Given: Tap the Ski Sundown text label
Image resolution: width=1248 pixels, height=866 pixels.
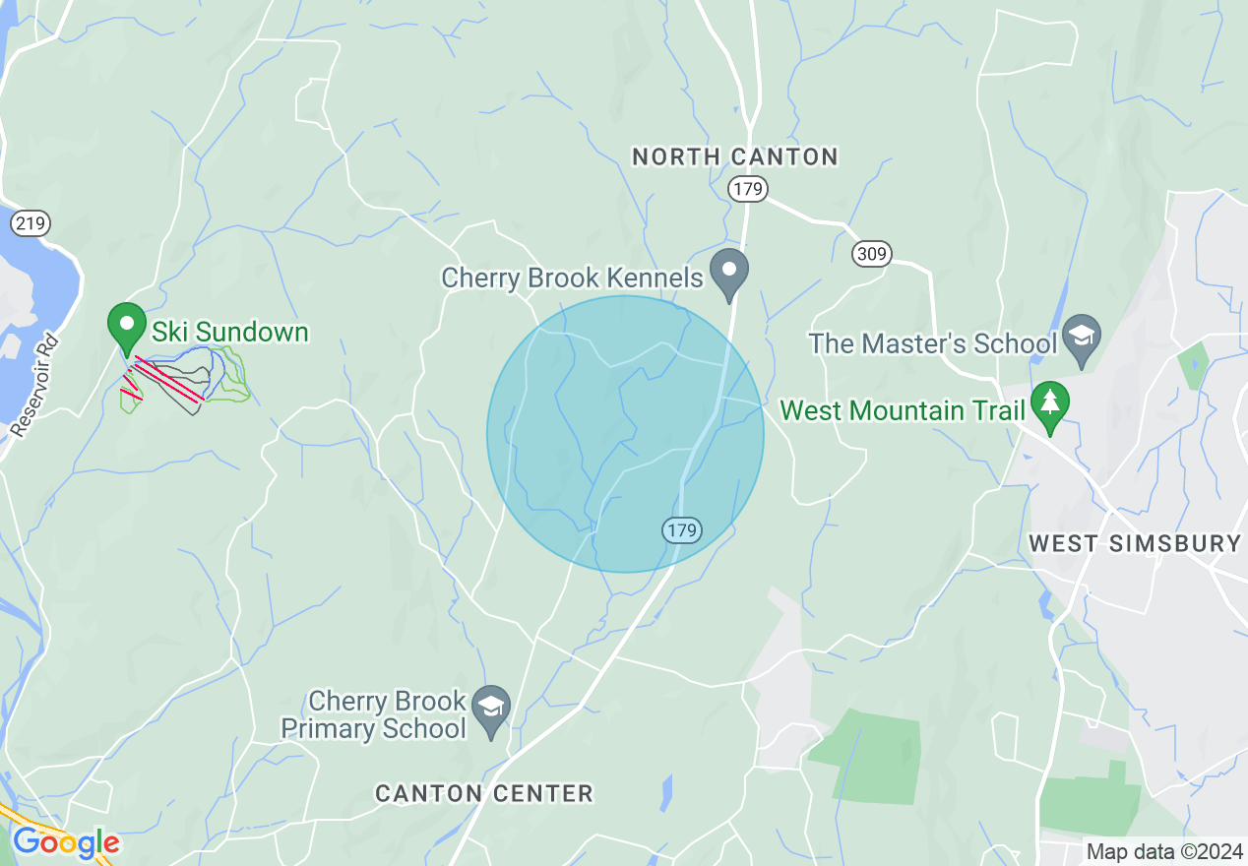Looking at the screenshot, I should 229,332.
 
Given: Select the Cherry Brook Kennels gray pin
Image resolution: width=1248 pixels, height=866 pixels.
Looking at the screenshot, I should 730,274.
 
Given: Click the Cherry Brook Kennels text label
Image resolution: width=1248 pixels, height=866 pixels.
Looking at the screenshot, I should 572,278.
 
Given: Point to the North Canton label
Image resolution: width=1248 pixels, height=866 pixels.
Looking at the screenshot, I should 734,156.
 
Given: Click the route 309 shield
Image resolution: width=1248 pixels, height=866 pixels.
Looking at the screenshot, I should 872,255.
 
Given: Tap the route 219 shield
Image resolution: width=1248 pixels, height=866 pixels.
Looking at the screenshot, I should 31,223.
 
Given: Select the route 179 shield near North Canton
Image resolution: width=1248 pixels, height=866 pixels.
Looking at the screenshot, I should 748,189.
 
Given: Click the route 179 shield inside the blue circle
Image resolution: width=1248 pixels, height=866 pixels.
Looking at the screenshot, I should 680,530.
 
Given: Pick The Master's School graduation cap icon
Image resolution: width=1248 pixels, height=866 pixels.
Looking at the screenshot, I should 1082,340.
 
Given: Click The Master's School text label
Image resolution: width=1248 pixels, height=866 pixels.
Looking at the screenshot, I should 932,343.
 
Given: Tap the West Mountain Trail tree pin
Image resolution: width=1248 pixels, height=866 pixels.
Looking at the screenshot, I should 1050,405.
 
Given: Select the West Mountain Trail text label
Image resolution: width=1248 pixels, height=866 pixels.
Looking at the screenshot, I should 903,410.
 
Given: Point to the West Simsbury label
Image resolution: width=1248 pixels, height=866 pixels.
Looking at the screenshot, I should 1134,543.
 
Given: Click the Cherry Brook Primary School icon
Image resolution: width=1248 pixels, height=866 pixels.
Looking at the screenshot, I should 491,711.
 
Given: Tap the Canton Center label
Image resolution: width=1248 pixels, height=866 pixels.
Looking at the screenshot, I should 484,793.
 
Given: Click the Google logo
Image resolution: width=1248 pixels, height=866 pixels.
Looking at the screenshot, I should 65,843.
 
